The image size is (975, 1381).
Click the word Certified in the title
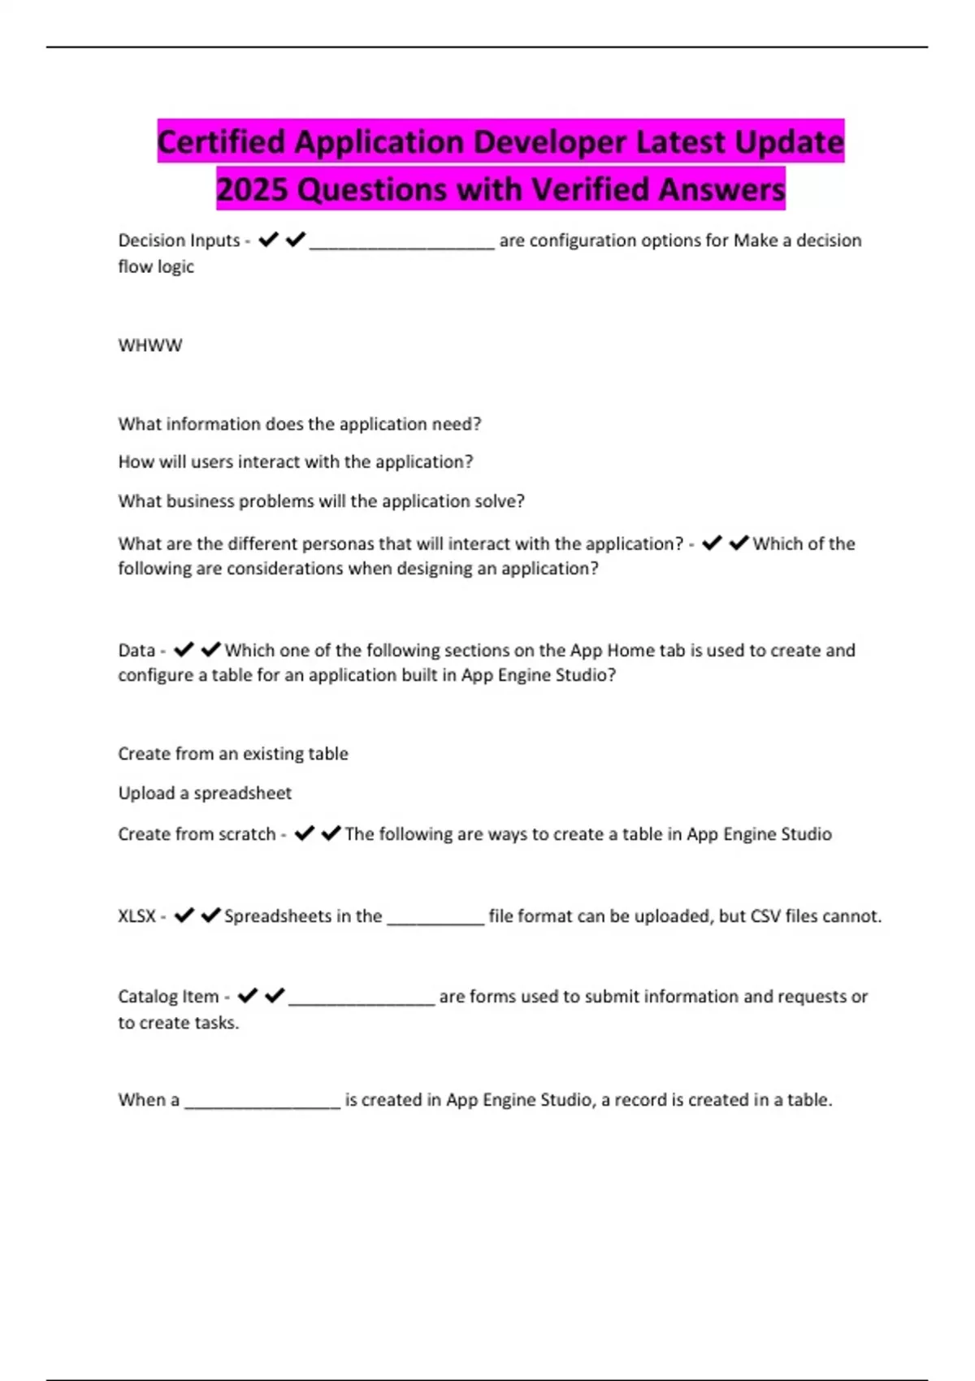point(221,142)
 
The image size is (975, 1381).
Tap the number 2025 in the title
point(252,190)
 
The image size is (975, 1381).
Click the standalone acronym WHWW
point(150,345)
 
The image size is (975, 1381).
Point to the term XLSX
point(136,916)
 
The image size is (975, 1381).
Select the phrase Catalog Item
point(168,997)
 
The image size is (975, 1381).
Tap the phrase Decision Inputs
point(179,240)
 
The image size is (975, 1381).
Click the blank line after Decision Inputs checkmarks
point(402,245)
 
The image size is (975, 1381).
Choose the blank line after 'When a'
point(262,1104)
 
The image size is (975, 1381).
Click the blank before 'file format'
point(435,920)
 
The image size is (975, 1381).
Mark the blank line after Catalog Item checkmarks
point(362,1001)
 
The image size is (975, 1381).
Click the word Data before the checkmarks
point(136,651)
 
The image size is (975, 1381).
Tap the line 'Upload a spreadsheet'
point(205,793)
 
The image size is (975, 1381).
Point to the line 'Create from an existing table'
point(233,754)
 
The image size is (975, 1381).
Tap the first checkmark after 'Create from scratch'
point(304,833)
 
